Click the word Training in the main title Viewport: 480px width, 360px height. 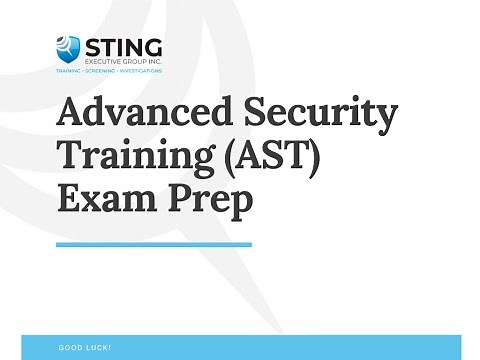123,157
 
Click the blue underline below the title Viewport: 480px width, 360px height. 154,243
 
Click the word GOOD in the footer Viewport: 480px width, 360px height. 69,347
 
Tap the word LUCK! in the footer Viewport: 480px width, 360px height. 98,347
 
